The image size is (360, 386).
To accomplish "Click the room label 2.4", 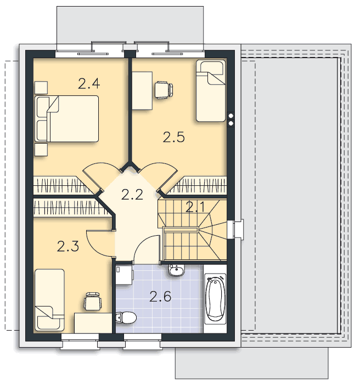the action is coord(89,83).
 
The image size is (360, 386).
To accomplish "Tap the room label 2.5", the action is coord(174,137).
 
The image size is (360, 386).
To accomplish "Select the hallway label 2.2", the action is coord(132,195).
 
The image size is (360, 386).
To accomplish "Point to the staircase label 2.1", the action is coord(195,207).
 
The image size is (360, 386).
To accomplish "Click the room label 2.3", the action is coord(68,246).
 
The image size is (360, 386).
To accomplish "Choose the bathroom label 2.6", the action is coord(160,297).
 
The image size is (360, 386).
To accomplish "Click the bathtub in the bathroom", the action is coord(215,299).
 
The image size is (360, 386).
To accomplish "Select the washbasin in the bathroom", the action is coord(176,270).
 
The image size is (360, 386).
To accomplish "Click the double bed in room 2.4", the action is coord(67,118).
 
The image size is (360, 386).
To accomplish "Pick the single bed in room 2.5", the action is coord(211,90).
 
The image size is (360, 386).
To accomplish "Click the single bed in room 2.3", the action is coord(49,300).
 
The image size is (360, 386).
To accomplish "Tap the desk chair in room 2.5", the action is coord(164,90).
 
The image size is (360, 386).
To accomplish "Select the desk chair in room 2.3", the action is coord(93,301).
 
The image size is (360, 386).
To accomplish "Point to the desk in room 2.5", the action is coord(142,90).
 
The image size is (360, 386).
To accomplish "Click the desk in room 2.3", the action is coord(93,323).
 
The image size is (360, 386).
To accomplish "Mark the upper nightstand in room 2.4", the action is coord(41,88).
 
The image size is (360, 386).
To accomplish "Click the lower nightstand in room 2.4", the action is coord(41,150).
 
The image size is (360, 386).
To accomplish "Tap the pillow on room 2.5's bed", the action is coord(212,67).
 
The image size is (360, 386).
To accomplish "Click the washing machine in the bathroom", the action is coord(124,275).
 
